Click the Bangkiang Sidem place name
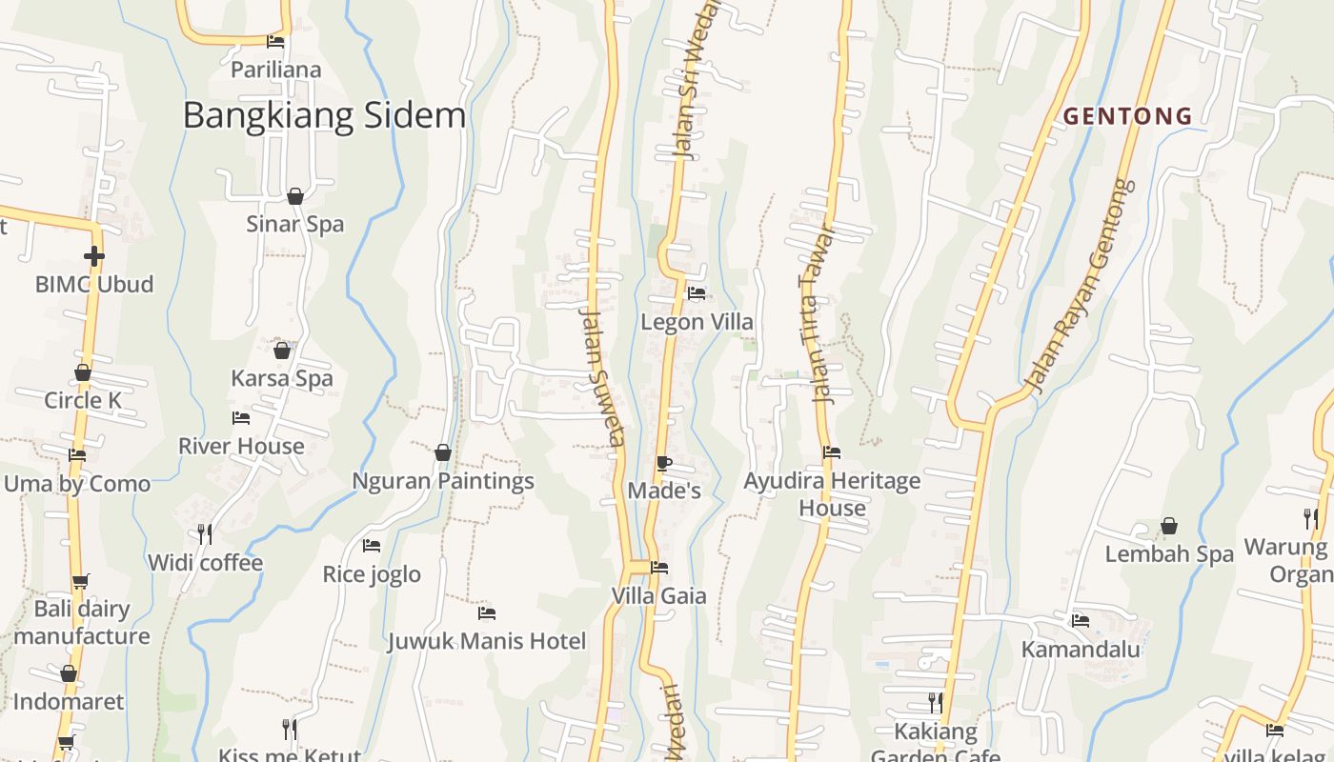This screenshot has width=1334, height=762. (324, 116)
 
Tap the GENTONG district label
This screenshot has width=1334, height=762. (1127, 116)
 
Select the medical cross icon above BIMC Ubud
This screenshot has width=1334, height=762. (93, 255)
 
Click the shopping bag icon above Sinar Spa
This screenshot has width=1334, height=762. (295, 196)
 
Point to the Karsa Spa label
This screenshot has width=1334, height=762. (282, 378)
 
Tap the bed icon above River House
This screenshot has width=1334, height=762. (241, 418)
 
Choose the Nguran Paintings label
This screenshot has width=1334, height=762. (443, 481)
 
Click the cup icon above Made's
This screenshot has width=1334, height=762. (664, 464)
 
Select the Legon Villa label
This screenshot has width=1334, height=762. (697, 322)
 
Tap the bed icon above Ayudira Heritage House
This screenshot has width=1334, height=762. (832, 452)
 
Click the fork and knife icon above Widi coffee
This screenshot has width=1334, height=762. (205, 533)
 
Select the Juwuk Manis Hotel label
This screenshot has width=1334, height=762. (486, 641)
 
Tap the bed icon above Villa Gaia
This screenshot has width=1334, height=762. (658, 568)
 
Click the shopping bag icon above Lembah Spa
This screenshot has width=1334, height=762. (1169, 526)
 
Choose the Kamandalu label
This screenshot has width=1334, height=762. (1081, 650)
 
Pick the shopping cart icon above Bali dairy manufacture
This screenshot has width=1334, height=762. (80, 581)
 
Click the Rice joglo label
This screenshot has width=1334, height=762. (372, 574)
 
